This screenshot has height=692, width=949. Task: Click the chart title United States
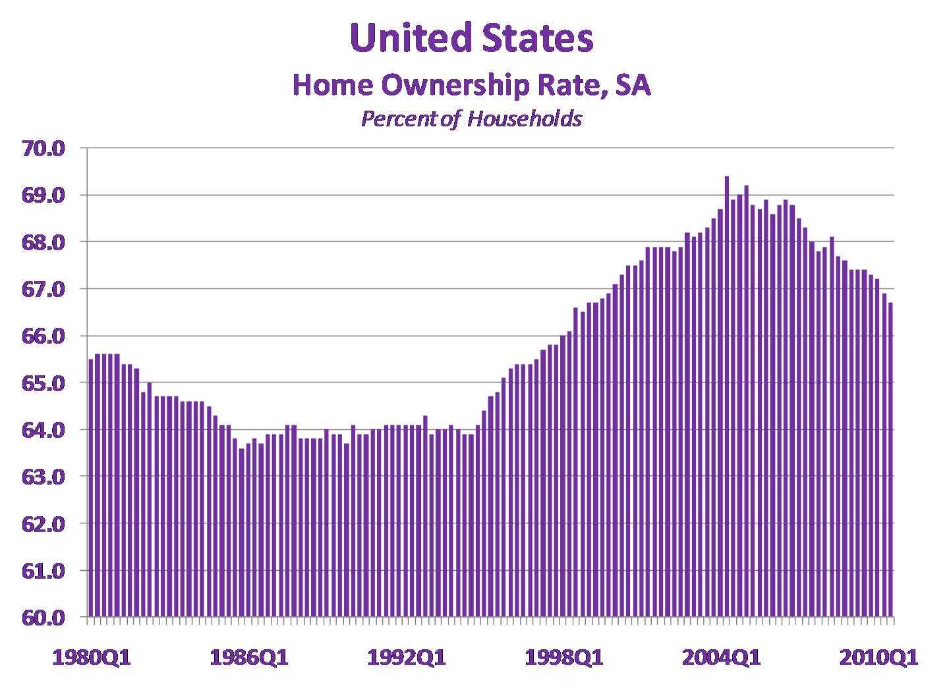[472, 38]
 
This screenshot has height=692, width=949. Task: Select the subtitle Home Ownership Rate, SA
[472, 86]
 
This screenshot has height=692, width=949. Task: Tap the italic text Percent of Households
[472, 119]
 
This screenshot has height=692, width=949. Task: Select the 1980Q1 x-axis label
[92, 657]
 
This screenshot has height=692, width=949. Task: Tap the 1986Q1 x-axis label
[249, 657]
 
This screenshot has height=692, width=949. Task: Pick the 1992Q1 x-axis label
[407, 657]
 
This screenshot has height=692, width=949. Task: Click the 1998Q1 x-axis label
[564, 657]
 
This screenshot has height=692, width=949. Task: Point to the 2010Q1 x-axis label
[878, 657]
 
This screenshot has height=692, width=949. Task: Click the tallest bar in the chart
[726, 395]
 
